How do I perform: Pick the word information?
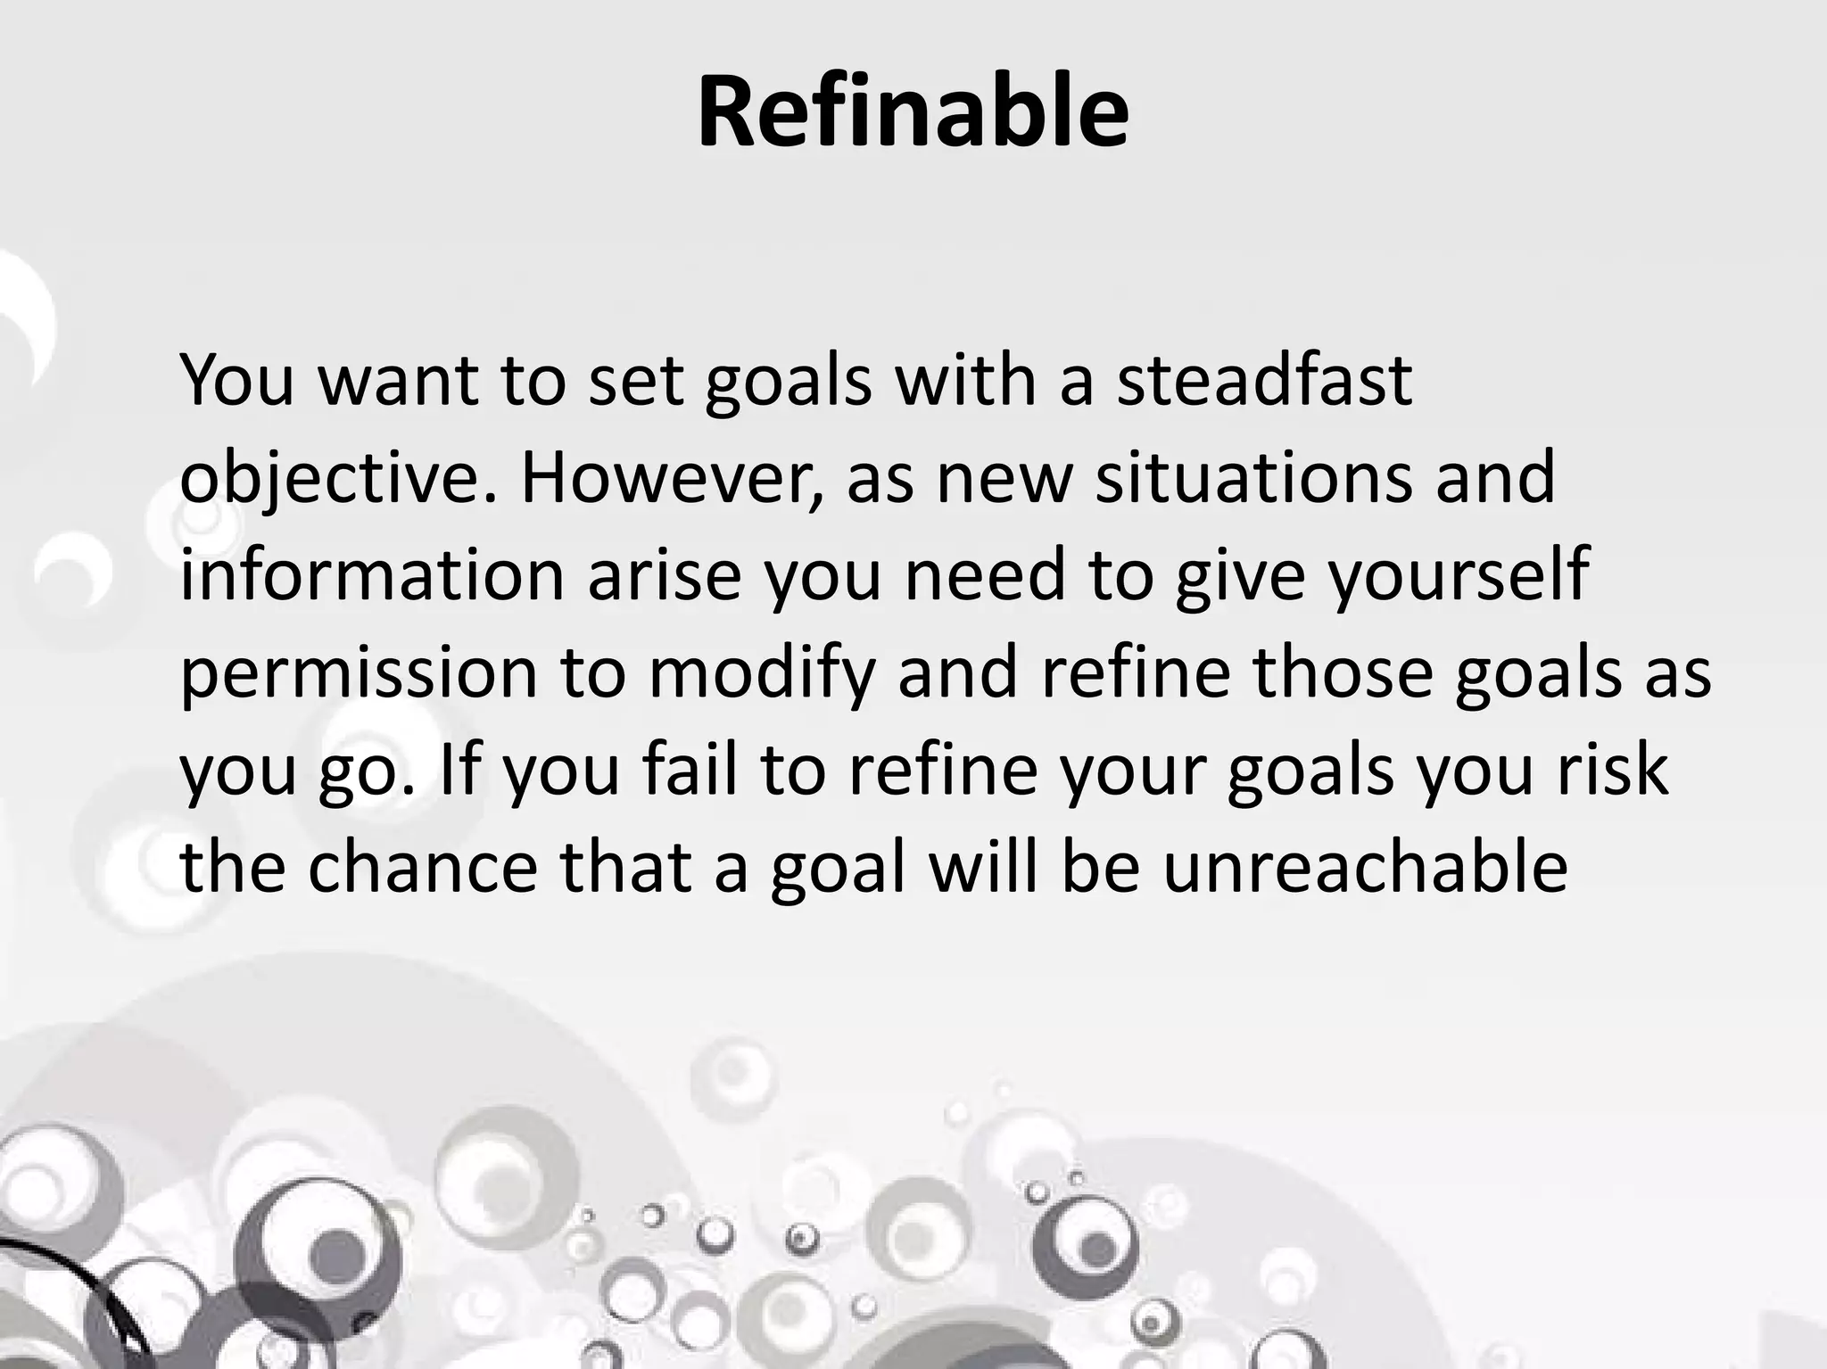pyautogui.click(x=372, y=575)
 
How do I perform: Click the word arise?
pyautogui.click(x=665, y=575)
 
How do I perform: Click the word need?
pyautogui.click(x=986, y=575)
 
